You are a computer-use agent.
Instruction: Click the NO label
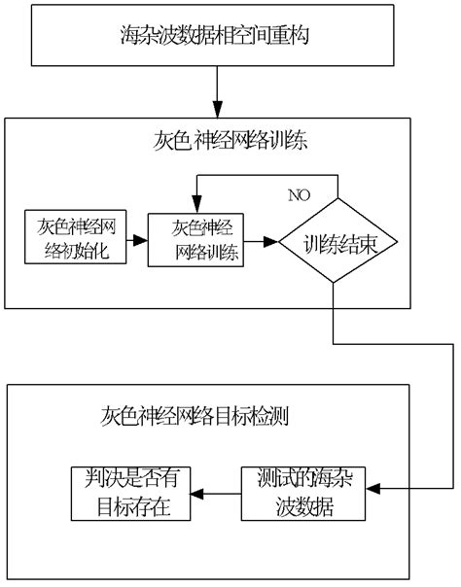pos(298,194)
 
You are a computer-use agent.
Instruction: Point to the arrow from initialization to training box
pos(134,236)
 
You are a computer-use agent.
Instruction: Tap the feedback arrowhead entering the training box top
pos(198,207)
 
